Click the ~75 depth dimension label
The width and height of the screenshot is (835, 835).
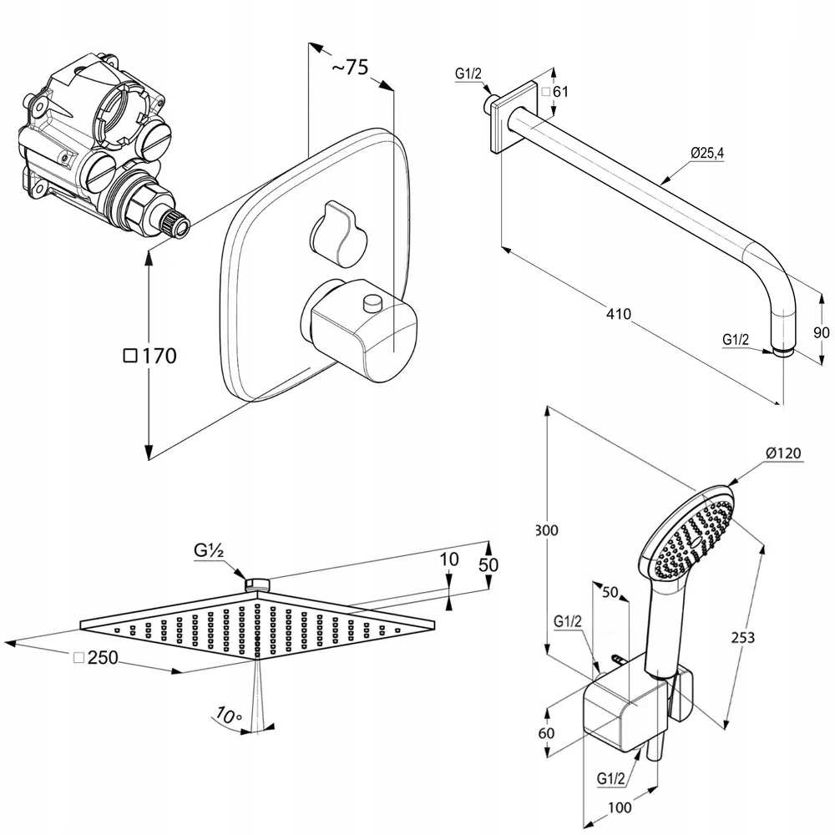pyautogui.click(x=350, y=68)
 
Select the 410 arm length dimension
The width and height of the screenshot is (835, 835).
pyautogui.click(x=619, y=315)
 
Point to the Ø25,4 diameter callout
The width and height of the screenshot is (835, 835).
pyautogui.click(x=707, y=152)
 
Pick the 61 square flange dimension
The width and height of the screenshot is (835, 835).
pyautogui.click(x=561, y=92)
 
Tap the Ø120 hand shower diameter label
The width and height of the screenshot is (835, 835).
pyautogui.click(x=784, y=453)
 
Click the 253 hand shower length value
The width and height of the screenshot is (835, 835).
pyautogui.click(x=742, y=637)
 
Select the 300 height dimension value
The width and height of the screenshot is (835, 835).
pyautogui.click(x=547, y=530)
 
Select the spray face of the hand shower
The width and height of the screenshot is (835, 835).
pyautogui.click(x=688, y=539)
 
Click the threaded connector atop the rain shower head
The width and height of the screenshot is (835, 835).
pyautogui.click(x=259, y=583)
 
